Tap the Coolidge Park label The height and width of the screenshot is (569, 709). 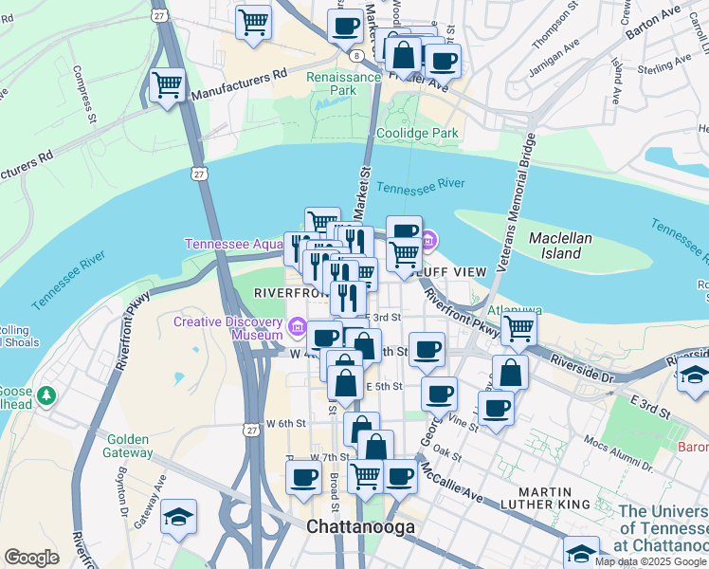pyautogui.click(x=418, y=134)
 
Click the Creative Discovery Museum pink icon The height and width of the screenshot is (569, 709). pyautogui.click(x=298, y=328)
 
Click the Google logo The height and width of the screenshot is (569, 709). pyautogui.click(x=31, y=558)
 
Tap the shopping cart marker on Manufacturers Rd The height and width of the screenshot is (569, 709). pyautogui.click(x=168, y=85)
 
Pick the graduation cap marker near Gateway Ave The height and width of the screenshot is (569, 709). pyautogui.click(x=178, y=517)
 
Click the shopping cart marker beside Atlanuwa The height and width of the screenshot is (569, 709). pyautogui.click(x=518, y=328)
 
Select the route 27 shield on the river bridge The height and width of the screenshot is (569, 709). pyautogui.click(x=196, y=174)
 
